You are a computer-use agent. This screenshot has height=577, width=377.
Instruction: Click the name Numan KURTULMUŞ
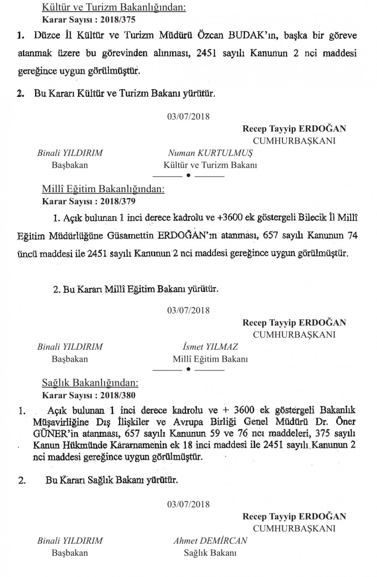tap(210, 153)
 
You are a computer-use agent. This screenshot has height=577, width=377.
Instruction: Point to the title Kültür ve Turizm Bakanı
tap(210, 165)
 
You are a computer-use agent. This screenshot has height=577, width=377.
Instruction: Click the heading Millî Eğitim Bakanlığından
tap(103, 189)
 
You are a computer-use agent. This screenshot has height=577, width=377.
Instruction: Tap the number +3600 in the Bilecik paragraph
tap(230, 218)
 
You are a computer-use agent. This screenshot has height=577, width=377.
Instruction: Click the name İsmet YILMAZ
tap(210, 347)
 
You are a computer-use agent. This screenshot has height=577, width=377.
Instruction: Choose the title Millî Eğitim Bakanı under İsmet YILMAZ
tap(210, 359)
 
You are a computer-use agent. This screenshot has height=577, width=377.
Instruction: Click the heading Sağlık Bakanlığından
tap(90, 383)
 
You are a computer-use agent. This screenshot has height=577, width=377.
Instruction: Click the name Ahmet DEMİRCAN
tap(210, 541)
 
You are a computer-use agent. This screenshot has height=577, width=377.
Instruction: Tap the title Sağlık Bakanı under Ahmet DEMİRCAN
tap(210, 553)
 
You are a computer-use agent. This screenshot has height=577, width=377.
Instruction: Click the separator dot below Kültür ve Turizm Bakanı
tap(188, 175)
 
